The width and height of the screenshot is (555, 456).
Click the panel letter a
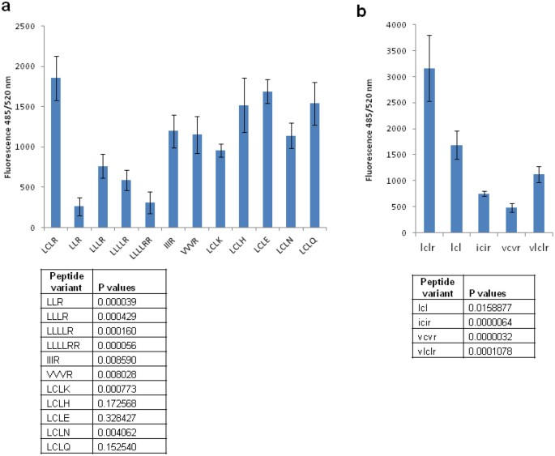pyautogui.click(x=6, y=7)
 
